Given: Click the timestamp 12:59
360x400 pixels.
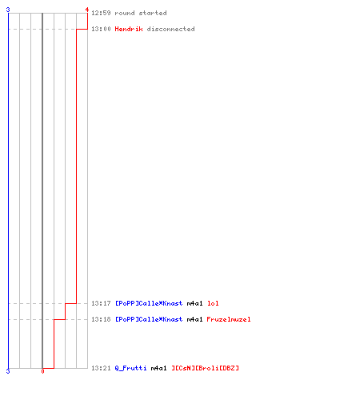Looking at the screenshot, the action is coord(101,13).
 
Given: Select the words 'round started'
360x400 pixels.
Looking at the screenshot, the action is coord(141,13).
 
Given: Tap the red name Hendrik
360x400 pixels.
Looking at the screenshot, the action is coord(129,29).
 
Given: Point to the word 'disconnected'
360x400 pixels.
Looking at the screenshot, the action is coord(170,29).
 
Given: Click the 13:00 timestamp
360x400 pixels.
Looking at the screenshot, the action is coord(101,29).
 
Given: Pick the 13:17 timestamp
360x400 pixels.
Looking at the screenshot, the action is coord(101,303).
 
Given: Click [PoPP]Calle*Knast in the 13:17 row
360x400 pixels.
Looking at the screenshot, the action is coord(149,303).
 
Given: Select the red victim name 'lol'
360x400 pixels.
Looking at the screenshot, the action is coord(213,303).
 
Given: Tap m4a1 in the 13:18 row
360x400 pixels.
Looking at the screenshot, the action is coord(194,319).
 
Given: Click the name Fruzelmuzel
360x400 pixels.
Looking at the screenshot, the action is coord(229,319).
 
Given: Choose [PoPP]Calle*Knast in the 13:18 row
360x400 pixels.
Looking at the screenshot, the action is coord(149,319).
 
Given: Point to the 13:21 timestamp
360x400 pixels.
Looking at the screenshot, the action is coord(101,368).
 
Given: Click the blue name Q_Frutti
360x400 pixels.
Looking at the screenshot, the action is coord(130,368).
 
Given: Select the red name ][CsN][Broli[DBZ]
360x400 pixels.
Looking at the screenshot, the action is coord(205,368).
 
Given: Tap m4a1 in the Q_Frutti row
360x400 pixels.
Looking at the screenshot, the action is coord(158,368).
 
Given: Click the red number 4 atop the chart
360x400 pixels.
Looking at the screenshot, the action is coord(87,10).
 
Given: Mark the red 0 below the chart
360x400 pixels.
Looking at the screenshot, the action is coord(42,371).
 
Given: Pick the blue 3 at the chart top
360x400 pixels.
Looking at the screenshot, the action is coord(8,10).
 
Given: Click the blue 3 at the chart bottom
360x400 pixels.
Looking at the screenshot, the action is coord(8,371).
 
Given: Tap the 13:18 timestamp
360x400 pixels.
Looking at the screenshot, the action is coord(101,319).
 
